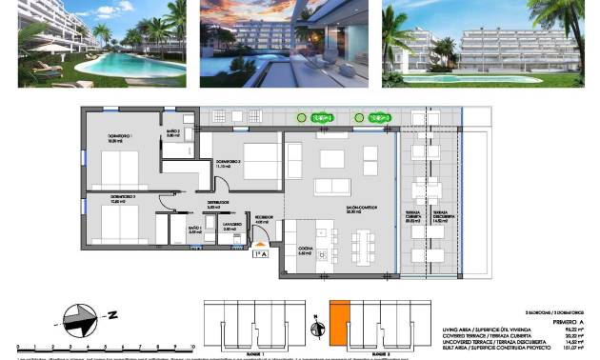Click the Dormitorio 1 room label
pos(107,139)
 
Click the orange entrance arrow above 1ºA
pos(260,245)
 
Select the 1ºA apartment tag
pos(260,254)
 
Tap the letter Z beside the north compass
pos(110,314)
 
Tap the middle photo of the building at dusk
pos(284,43)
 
